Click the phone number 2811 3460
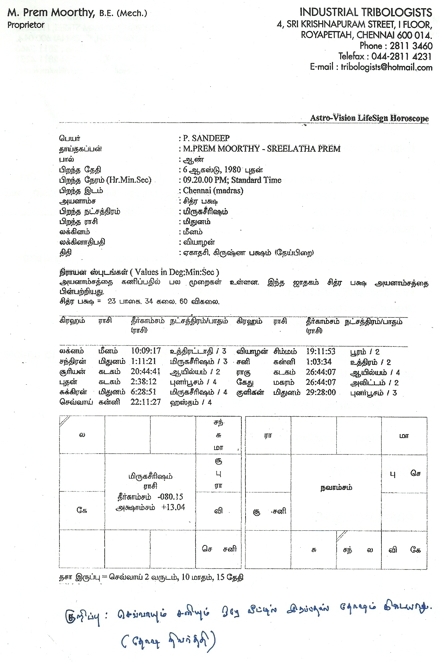pos(411,46)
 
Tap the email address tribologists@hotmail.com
pos(386,67)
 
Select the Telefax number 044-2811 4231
pos(401,56)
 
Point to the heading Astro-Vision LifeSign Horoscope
pos(369,118)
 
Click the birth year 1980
pos(232,170)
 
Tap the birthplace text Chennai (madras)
pos(213,191)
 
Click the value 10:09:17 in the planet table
pos(146,351)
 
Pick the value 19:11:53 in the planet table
pos(321,351)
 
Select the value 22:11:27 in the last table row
pos(146,402)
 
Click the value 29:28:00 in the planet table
pos(321,392)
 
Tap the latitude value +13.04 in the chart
pos(173,507)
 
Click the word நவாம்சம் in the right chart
pos(336,488)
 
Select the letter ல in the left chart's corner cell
pos(82,435)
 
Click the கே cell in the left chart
pos(82,510)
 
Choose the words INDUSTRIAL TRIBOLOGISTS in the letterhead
pos(366,13)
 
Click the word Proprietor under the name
pos(26,25)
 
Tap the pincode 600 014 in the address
pos(414,35)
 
